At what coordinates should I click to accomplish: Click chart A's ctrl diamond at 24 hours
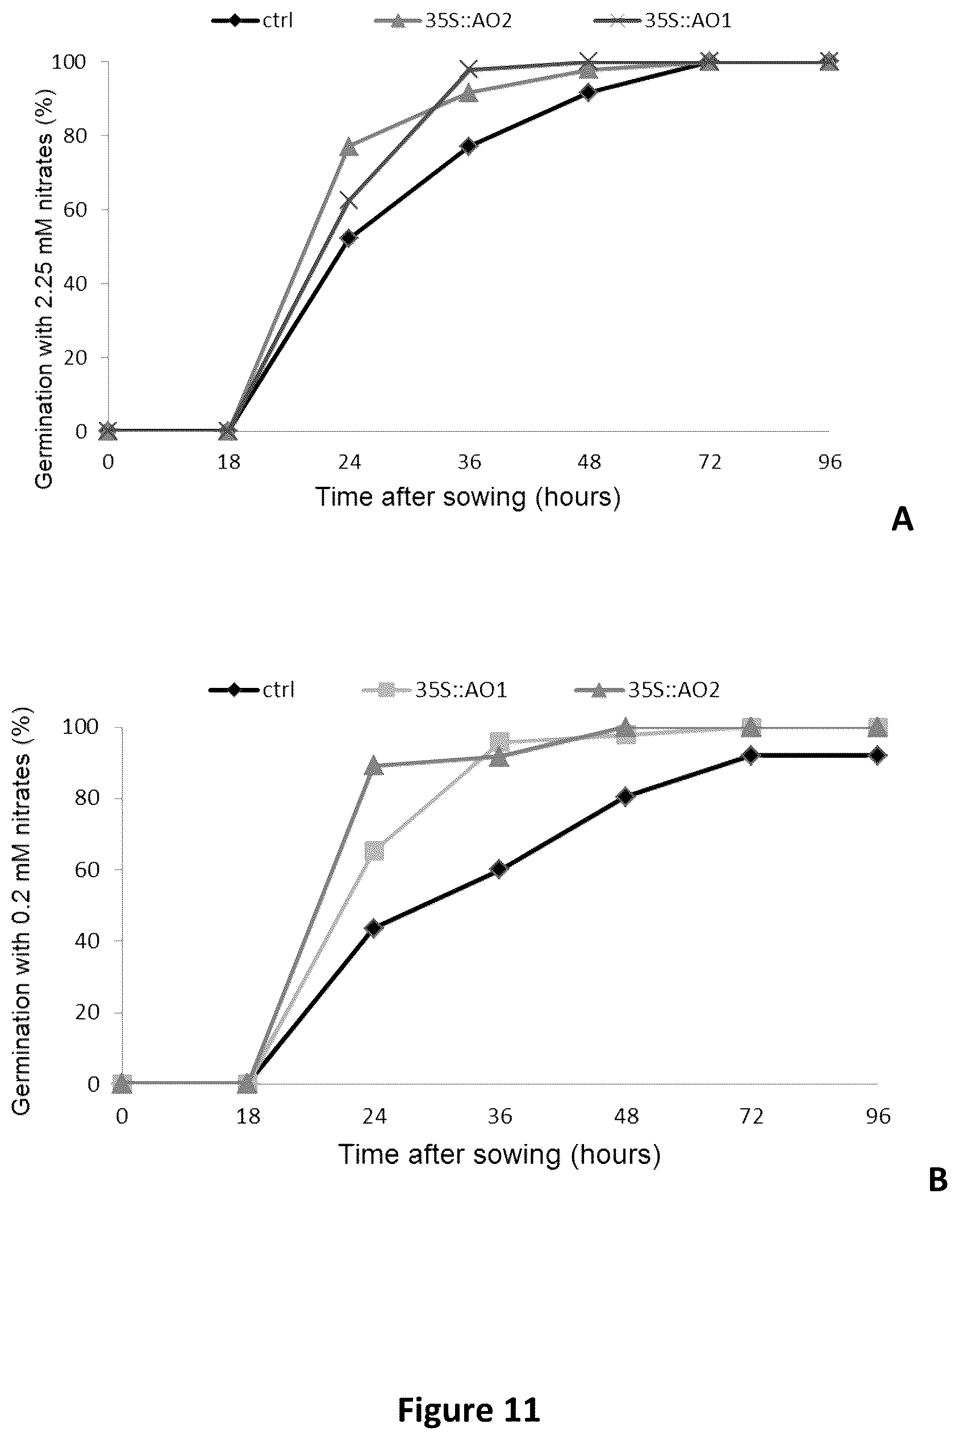point(349,238)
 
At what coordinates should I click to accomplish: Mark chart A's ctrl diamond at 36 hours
point(469,146)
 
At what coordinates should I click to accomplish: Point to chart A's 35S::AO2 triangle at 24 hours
point(349,147)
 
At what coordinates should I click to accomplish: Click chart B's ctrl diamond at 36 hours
point(499,869)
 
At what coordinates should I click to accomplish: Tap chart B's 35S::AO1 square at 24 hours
point(374,850)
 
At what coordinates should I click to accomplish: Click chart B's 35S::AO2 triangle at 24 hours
point(374,766)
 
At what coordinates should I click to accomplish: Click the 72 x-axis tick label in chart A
point(710,462)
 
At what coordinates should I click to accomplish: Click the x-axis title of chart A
point(468,497)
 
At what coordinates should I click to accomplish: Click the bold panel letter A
point(903,520)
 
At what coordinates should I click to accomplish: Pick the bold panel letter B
point(938,1179)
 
